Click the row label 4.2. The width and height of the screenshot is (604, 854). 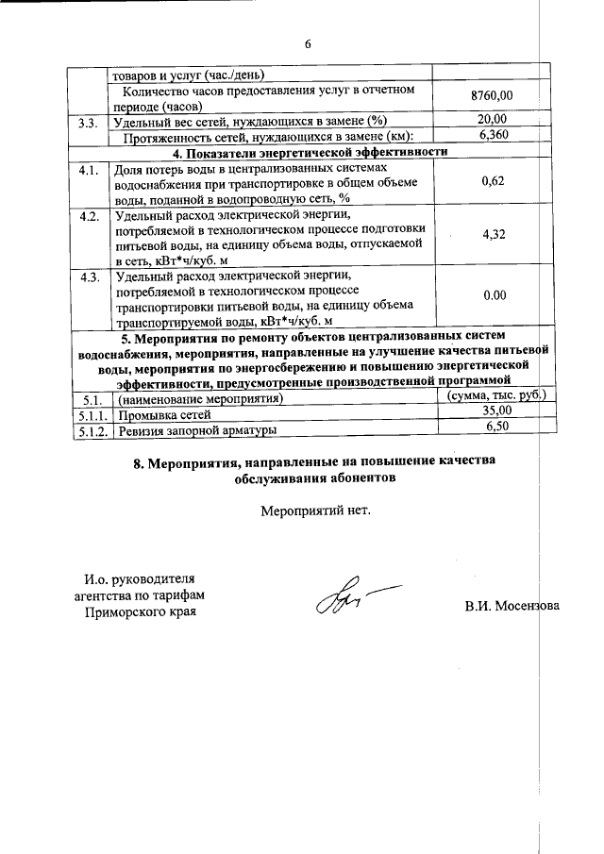pyautogui.click(x=90, y=217)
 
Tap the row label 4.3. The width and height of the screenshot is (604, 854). pyautogui.click(x=90, y=277)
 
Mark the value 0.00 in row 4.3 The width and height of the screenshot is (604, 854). pyautogui.click(x=494, y=295)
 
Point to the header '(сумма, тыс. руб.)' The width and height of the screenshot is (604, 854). pyautogui.click(x=496, y=396)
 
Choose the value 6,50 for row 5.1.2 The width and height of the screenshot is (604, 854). pyautogui.click(x=496, y=427)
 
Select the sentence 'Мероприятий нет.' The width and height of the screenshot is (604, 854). pyautogui.click(x=316, y=511)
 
